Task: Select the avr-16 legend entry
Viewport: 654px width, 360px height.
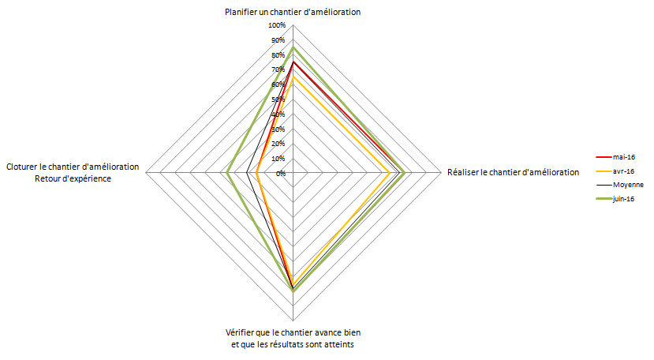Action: tap(623, 171)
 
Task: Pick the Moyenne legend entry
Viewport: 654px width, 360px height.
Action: tap(628, 184)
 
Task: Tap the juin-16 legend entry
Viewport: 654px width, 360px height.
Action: tap(624, 198)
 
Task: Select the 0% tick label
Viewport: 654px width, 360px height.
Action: tap(281, 173)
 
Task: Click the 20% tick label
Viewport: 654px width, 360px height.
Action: tap(278, 144)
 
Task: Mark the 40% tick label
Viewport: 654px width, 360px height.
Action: tap(278, 114)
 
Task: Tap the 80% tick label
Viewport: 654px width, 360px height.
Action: tap(278, 55)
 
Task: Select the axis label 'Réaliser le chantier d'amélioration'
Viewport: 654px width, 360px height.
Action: tap(513, 172)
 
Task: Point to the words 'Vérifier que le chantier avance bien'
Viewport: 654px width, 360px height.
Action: tap(293, 332)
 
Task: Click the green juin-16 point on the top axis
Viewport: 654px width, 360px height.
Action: tap(293, 47)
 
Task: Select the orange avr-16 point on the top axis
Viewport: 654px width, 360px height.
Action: tap(293, 77)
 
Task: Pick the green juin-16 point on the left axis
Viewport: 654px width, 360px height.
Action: tap(228, 173)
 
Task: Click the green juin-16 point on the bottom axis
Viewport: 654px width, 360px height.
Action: tap(293, 291)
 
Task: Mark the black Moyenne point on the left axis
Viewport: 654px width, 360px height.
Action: tap(248, 173)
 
